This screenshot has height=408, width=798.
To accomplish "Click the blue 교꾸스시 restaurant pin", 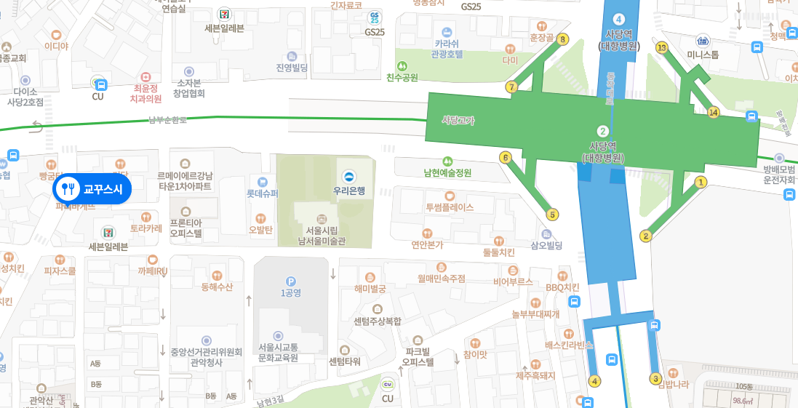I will [x=92, y=189].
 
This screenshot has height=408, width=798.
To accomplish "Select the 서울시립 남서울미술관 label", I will [x=322, y=235].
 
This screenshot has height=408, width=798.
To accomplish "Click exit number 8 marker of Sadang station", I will [x=562, y=39].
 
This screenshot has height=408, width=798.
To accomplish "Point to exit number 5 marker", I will [x=553, y=215].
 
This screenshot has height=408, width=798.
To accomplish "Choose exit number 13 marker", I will [x=661, y=48].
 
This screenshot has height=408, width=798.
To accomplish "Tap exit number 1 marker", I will [x=701, y=183].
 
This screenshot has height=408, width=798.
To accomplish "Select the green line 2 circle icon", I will [x=602, y=131].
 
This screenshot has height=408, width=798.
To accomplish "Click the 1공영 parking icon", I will [x=291, y=281].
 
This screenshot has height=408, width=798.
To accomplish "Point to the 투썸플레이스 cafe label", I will [x=450, y=207].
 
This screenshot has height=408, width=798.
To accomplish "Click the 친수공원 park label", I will [x=402, y=77].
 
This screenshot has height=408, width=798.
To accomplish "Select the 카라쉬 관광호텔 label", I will [x=447, y=48].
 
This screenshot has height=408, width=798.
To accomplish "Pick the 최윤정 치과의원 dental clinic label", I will [x=145, y=92].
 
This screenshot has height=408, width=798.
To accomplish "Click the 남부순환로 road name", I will [x=167, y=120].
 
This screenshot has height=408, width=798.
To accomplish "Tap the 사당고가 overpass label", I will [x=458, y=120].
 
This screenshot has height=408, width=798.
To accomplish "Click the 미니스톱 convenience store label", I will [x=703, y=55].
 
